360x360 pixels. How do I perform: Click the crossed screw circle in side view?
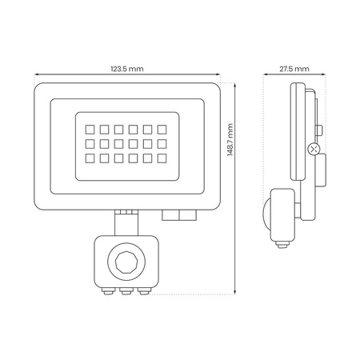(313, 150)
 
